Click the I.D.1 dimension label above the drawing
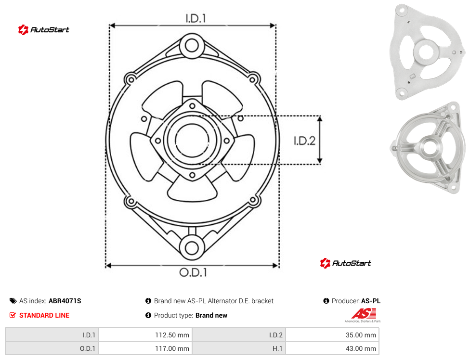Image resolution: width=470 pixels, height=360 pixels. point(196,19)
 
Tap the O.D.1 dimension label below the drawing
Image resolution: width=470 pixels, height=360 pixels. point(193,272)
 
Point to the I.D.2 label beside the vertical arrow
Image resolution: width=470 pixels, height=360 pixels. point(304,141)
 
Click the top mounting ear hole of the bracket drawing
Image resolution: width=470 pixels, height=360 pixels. point(192,46)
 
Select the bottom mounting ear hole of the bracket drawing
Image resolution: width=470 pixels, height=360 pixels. point(192,248)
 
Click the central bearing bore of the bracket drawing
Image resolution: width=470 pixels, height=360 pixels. point(192,140)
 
